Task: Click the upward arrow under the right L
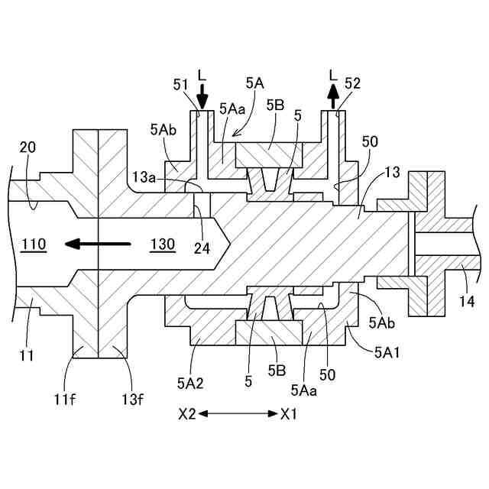pos(332,97)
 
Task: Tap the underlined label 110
pos(34,244)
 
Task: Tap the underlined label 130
pos(162,244)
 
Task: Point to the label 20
pos(28,147)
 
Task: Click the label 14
pos(465,303)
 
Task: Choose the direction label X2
pos(188,414)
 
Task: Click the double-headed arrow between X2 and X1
pos(239,414)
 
